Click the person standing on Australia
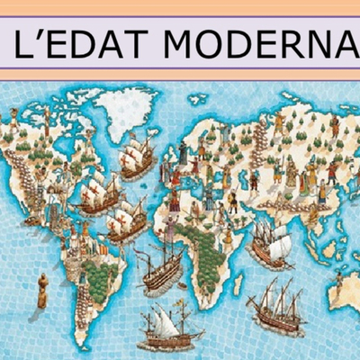pyautogui.click(x=338, y=281)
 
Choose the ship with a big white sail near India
pyautogui.click(x=270, y=243)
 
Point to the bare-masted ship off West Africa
pyautogui.click(x=160, y=270)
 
